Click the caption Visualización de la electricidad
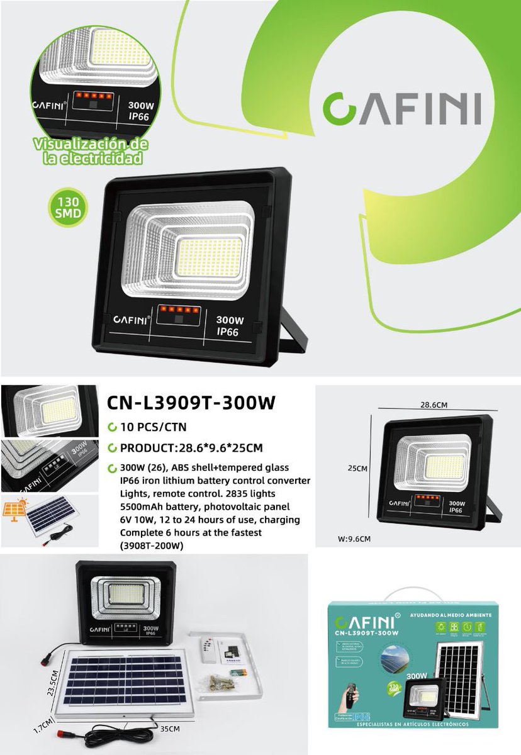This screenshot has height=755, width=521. tap(92, 152)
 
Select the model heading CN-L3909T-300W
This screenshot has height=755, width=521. tap(191, 403)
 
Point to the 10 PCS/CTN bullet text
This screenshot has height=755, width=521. tap(148, 428)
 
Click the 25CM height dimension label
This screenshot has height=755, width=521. tap(357, 468)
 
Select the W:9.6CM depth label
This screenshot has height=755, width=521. tap(354, 539)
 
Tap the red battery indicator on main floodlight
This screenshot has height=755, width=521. tap(179, 309)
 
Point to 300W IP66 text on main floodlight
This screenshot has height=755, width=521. tap(227, 325)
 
